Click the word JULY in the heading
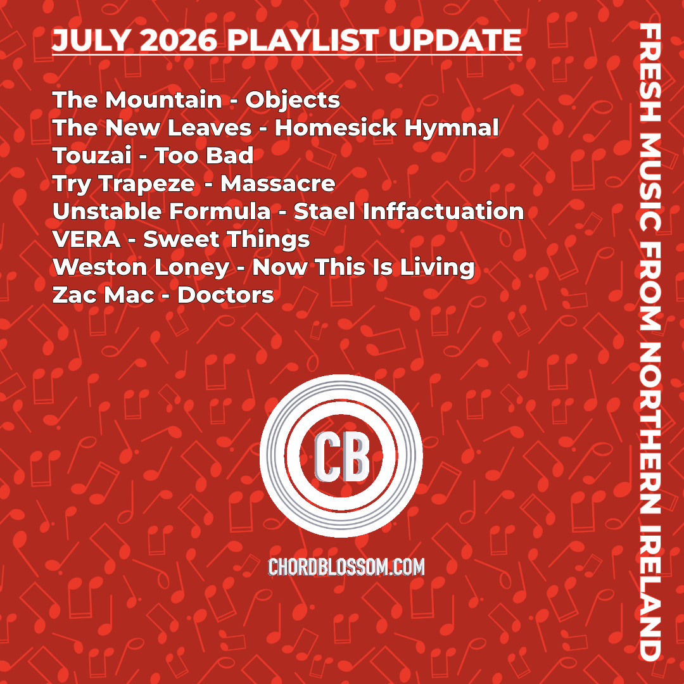point(91,41)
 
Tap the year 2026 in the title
point(179,41)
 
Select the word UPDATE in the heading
point(455,41)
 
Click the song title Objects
point(293,101)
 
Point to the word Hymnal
point(452,129)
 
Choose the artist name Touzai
point(92,156)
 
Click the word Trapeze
point(147,184)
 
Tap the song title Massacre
point(278,184)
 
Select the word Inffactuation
point(443,211)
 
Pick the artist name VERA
point(86,239)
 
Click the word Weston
point(99,267)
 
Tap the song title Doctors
point(226,295)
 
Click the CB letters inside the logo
point(342,456)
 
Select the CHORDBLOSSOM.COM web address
point(346,567)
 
